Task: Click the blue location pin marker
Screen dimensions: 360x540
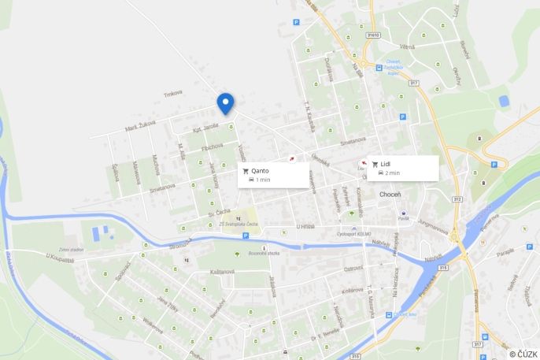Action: click(225, 103)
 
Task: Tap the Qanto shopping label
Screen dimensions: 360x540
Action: click(260, 171)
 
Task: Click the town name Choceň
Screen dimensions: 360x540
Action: click(390, 194)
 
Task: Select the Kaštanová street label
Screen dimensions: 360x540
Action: click(223, 271)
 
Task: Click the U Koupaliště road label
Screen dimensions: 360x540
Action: click(60, 258)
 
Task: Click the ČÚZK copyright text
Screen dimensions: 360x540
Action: click(523, 354)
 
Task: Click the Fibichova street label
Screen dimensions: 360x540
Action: click(212, 147)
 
